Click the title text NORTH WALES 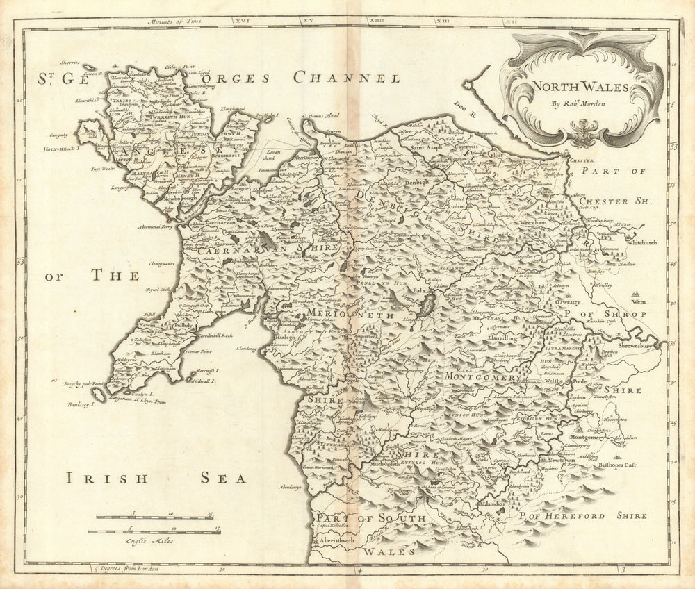tap(572, 88)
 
